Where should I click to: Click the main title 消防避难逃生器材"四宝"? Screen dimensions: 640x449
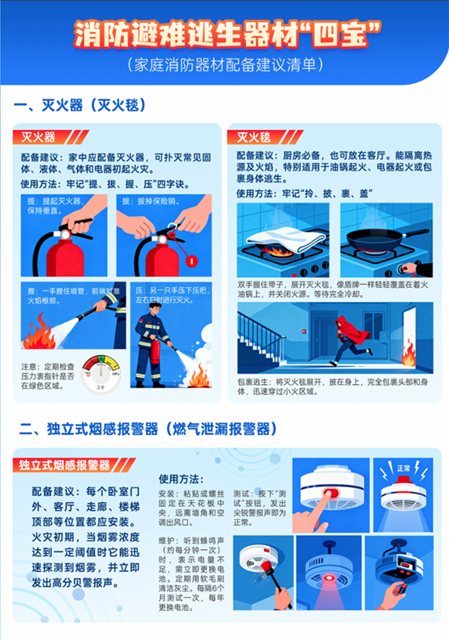tap(225, 33)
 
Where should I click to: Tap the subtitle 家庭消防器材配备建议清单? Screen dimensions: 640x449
tap(225, 65)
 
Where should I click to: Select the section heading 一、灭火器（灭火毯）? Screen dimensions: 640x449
tap(80, 106)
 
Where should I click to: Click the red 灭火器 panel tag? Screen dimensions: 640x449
tap(41, 137)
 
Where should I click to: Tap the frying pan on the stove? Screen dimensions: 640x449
tap(384, 238)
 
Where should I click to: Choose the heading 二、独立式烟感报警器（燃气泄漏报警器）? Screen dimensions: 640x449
tap(147, 429)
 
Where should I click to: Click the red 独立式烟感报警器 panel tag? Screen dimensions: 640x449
tap(65, 465)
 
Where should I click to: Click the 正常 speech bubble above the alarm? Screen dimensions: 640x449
tap(403, 469)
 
